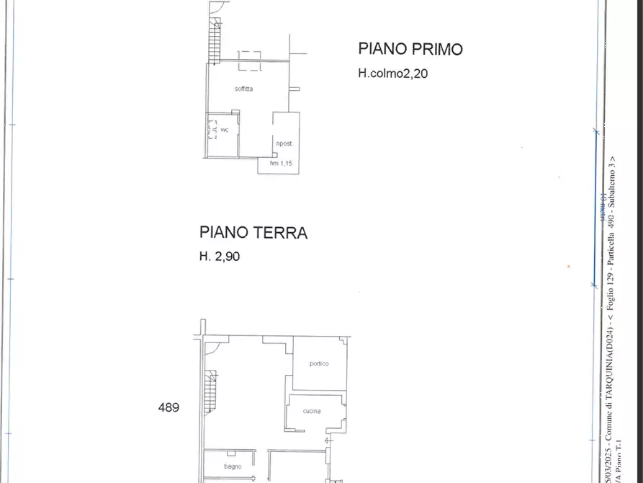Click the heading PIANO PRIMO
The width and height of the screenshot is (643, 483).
pos(410,49)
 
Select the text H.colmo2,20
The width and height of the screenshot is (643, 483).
pos(392,73)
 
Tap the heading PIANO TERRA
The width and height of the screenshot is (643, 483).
pos(253,233)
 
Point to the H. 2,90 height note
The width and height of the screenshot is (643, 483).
pos(219,255)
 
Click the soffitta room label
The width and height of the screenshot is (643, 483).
pos(243,89)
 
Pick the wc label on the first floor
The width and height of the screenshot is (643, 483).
pos(225,130)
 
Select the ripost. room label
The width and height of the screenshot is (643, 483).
pos(284,143)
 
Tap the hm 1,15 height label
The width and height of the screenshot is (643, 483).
pos(280,164)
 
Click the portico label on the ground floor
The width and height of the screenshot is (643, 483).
pos(319,363)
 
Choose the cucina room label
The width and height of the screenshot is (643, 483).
pos(312,411)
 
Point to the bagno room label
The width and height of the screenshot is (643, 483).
pos(233,466)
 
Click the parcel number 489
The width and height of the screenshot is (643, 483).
pos(168,407)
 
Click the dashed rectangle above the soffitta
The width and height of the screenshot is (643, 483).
pos(250,61)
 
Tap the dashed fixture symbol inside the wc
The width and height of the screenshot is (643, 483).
pos(212,130)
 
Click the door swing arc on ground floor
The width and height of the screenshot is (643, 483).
pos(214,348)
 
